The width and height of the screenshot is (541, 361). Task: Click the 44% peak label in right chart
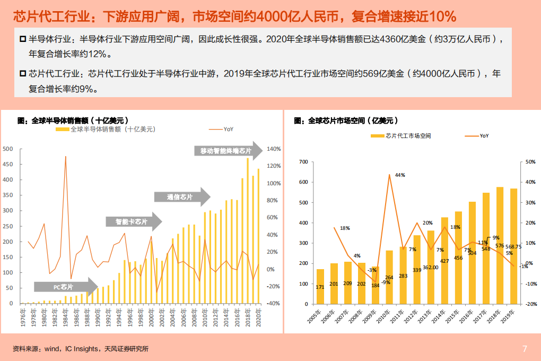pyautogui.click(x=399, y=175)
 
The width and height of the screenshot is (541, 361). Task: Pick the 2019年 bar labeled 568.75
pyautogui.click(x=513, y=246)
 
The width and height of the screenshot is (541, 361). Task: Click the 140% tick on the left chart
pyautogui.click(x=273, y=149)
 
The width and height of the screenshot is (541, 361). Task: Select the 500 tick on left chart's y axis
pyautogui.click(x=7, y=149)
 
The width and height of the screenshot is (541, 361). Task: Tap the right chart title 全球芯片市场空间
pyautogui.click(x=345, y=121)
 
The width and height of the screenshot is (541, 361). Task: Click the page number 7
pyautogui.click(x=525, y=349)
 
